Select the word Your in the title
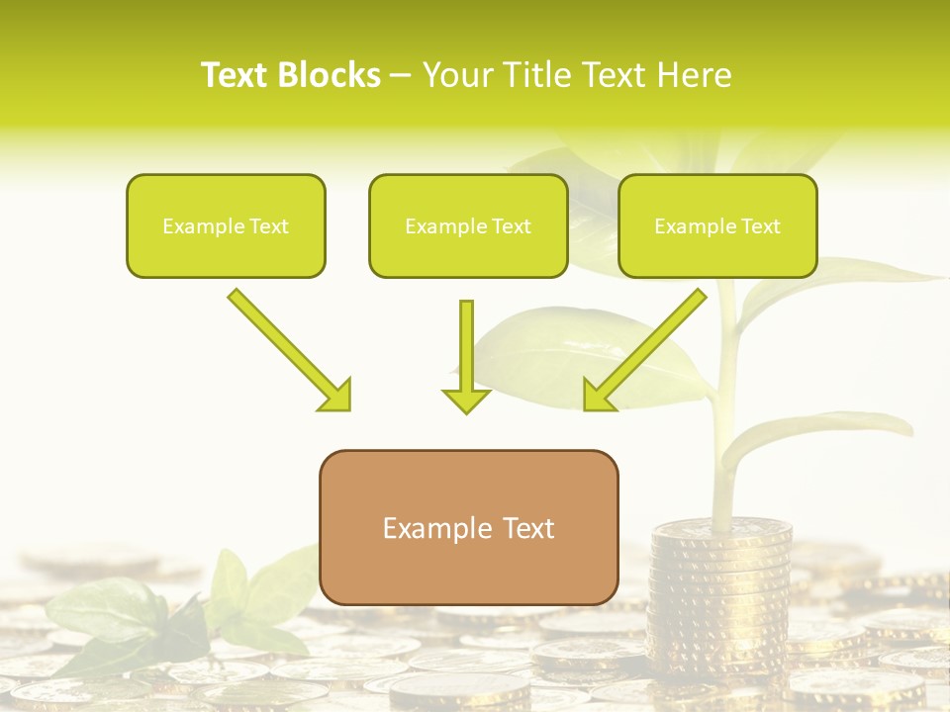pos(454,75)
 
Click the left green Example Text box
pos(226,225)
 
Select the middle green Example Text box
pos(468,225)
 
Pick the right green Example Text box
pos(717,225)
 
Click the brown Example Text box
pos(468,527)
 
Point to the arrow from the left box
pos(287,346)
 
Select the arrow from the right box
pos(648,346)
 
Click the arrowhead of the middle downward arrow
pos(466,400)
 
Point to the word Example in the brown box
pos(436,528)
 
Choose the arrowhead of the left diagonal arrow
pos(336,396)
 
